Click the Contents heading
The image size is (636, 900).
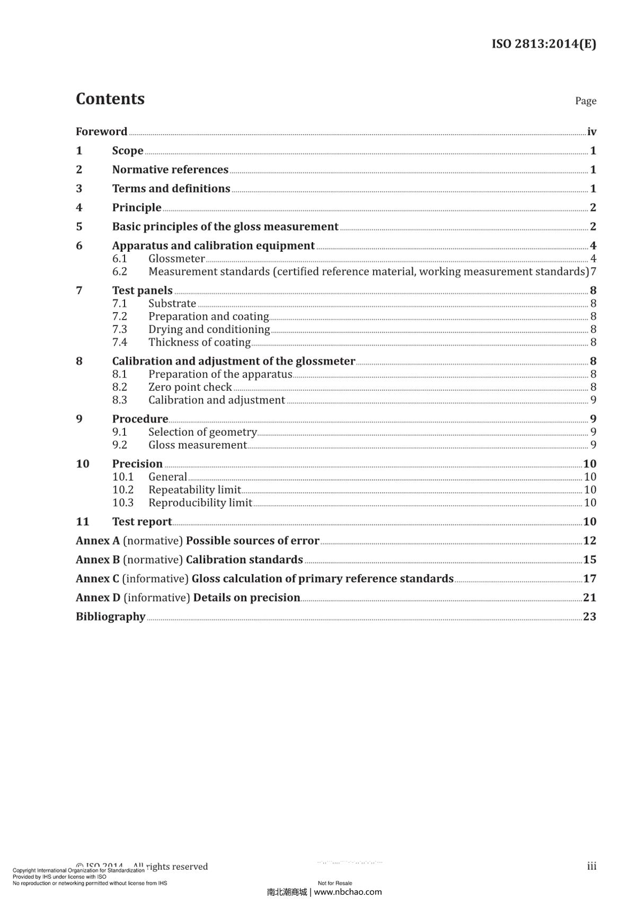tap(110, 99)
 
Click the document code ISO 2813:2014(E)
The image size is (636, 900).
tap(544, 43)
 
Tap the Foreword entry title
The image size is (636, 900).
tap(101, 131)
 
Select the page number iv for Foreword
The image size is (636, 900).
tap(591, 131)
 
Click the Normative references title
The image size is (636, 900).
tap(170, 170)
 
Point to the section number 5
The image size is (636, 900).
tap(79, 227)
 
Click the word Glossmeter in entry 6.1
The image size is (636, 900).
tap(176, 259)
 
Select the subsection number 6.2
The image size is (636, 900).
tap(120, 271)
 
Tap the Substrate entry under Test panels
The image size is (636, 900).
tap(172, 304)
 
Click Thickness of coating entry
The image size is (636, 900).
tap(199, 342)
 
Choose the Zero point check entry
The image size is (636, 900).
tap(190, 387)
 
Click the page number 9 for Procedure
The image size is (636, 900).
tap(593, 419)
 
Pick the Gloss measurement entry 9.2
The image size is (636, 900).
tap(197, 445)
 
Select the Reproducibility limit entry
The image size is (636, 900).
tap(200, 503)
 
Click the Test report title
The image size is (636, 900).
tap(142, 522)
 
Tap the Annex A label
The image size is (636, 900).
tap(98, 541)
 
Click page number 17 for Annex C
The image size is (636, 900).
tap(589, 579)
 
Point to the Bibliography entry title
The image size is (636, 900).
tap(110, 616)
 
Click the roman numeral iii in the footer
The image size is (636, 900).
tap(591, 866)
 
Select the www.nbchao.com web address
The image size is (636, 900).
tap(348, 892)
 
